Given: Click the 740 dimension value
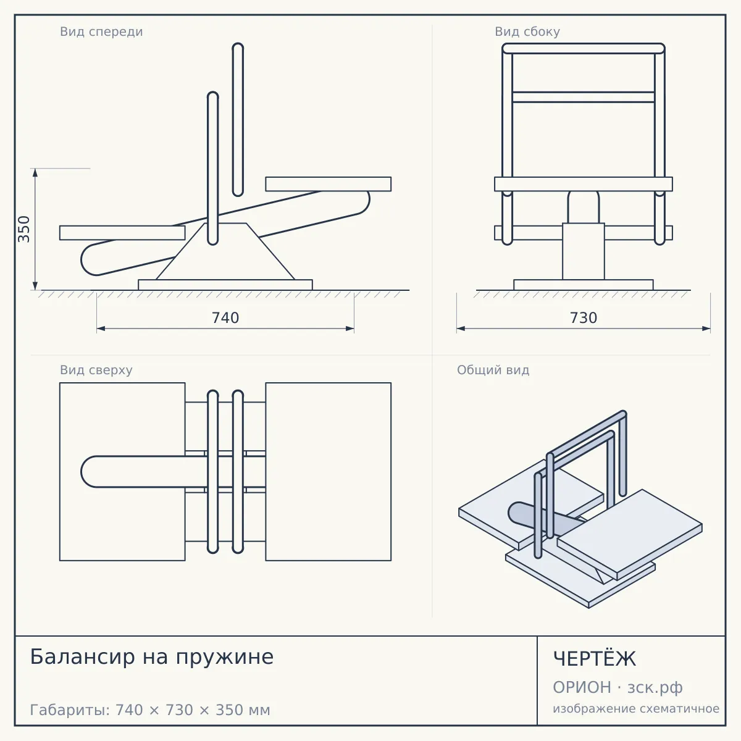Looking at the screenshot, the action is point(225,318).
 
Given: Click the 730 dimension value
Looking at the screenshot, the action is point(584,318).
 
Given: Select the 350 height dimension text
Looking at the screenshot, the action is point(24,229).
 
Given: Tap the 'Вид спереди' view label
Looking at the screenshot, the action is point(101,31).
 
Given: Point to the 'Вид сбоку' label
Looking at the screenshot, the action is point(527,31).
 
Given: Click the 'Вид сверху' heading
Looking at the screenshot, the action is point(96,370).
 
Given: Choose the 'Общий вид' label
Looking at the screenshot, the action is point(493,370).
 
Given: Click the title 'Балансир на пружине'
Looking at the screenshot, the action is point(152,657).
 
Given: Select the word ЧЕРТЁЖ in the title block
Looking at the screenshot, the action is point(595,658).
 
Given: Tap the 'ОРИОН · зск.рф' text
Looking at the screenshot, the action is point(617,687).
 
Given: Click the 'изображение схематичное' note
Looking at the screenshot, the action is point(636,708).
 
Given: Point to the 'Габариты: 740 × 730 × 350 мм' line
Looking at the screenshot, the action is point(150,710).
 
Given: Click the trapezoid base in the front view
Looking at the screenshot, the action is point(225,251).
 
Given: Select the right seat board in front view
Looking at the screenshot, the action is point(329,184).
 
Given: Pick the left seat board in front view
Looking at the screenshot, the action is point(122,233).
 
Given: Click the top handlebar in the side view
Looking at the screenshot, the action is point(584,48).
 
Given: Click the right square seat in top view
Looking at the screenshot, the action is point(329,472).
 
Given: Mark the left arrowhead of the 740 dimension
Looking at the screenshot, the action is point(101,329).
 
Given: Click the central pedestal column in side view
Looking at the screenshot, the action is point(584,251).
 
